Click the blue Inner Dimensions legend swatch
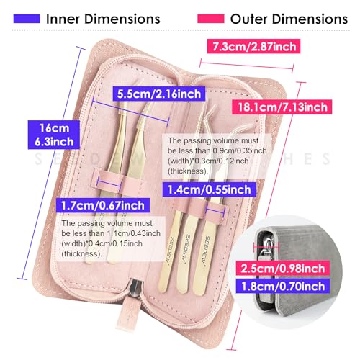27,19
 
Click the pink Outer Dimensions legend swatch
211,19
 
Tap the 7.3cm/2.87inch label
253,46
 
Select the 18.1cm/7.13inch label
282,107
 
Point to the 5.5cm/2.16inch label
159,94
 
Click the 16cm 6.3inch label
54,135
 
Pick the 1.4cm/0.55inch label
209,189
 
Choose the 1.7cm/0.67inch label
103,205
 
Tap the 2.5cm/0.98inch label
283,268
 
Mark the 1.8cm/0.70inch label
283,286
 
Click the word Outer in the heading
248,19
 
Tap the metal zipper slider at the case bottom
135,288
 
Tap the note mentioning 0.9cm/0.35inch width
217,156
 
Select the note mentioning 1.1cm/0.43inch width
111,238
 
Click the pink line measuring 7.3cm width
246,65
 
